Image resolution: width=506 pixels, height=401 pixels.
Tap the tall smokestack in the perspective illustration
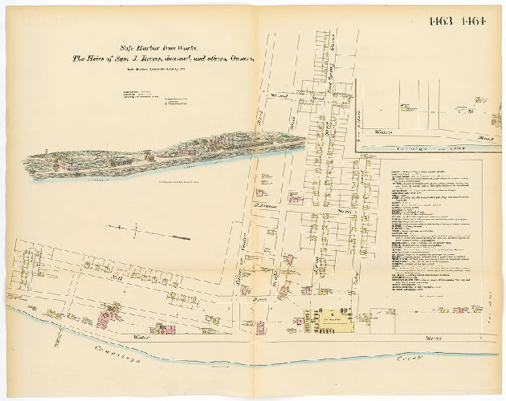pyautogui.click(x=47, y=152)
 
